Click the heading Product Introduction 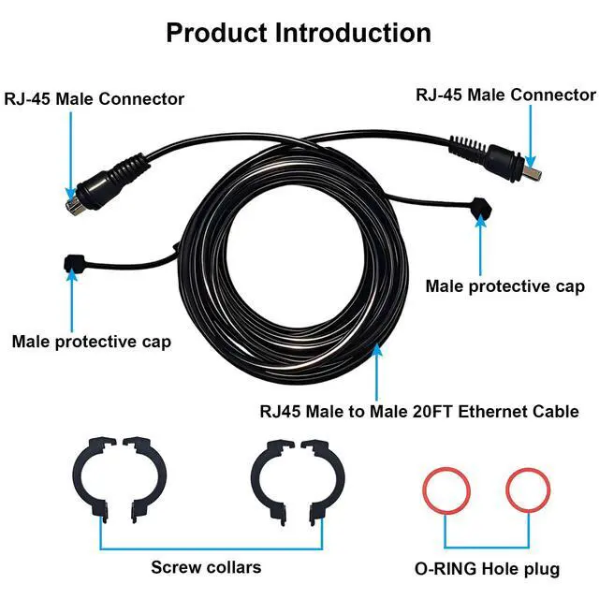[x=299, y=33]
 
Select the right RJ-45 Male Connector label [x=505, y=95]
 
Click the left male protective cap [x=73, y=264]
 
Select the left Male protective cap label [x=91, y=342]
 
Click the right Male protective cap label [x=505, y=285]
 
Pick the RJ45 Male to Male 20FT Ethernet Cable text [x=418, y=411]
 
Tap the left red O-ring [x=445, y=489]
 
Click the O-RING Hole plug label [x=487, y=568]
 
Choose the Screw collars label [x=206, y=567]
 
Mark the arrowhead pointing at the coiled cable [x=377, y=351]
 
